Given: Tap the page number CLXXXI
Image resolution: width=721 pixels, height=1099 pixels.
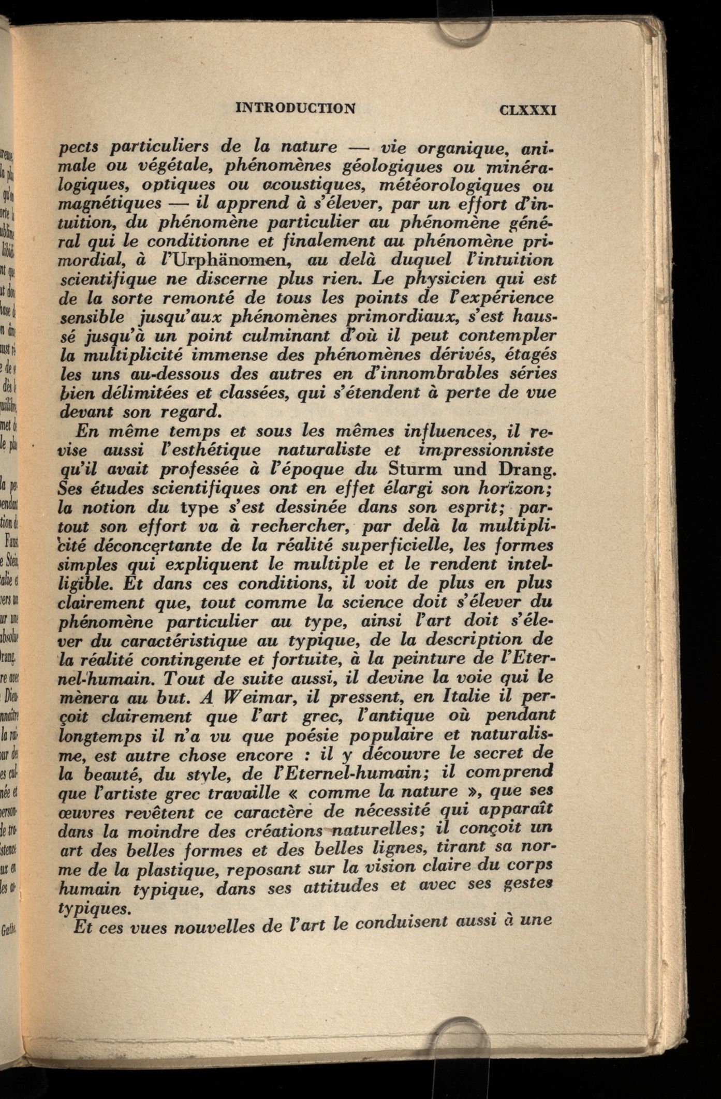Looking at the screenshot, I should pos(527,110).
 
